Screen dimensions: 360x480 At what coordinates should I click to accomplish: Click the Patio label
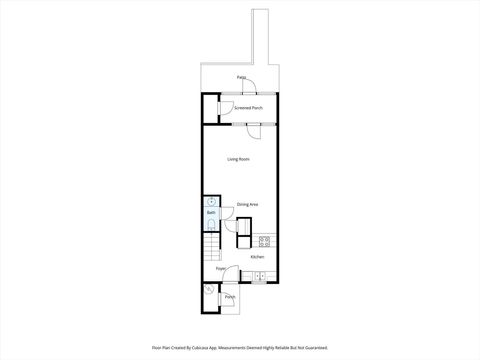[x=242, y=77]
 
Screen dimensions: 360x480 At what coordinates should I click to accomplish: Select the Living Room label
[x=237, y=159]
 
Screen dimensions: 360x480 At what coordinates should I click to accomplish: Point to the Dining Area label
[x=247, y=205]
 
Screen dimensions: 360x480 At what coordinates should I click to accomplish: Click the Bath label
[x=211, y=213]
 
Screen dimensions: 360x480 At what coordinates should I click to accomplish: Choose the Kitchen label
[x=257, y=256]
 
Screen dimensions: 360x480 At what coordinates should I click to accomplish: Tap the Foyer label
[x=221, y=269]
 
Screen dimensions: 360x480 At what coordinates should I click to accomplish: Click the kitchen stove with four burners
[x=264, y=241]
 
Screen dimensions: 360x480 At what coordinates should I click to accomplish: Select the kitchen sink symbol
[x=259, y=274]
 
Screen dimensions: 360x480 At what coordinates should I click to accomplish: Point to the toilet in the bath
[x=211, y=226]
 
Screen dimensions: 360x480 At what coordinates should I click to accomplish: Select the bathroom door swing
[x=229, y=226]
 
